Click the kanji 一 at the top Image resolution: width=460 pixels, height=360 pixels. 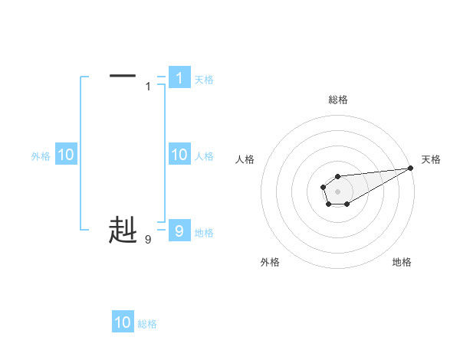tap(123, 76)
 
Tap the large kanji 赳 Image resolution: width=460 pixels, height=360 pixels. tap(123, 230)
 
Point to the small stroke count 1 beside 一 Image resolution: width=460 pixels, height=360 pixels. tap(148, 87)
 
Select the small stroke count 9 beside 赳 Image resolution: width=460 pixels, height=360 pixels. tap(148, 240)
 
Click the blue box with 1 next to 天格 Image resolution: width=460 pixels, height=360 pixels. tap(179, 77)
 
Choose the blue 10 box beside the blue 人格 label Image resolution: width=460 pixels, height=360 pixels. tap(179, 155)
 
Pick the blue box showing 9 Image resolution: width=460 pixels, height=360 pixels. tap(179, 231)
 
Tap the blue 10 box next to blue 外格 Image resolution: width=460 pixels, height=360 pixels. tap(65, 155)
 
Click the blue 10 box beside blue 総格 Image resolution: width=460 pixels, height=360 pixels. tap(123, 322)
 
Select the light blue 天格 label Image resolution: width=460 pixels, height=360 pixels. tap(204, 80)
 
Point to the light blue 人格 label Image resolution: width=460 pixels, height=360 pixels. tap(204, 156)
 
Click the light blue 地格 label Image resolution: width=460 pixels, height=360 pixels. tap(204, 233)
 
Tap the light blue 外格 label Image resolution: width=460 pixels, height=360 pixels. tap(41, 156)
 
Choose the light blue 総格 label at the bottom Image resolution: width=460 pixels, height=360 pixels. tap(147, 324)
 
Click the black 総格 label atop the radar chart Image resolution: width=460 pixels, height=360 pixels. tap(338, 100)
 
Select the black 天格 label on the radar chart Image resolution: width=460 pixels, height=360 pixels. tap(431, 159)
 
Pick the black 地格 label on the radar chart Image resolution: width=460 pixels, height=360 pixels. tap(402, 262)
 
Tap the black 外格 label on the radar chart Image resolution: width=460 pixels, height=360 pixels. tap(270, 262)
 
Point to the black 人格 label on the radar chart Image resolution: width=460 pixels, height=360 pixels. tap(245, 159)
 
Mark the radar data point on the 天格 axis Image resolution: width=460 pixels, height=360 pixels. tap(410, 168)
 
